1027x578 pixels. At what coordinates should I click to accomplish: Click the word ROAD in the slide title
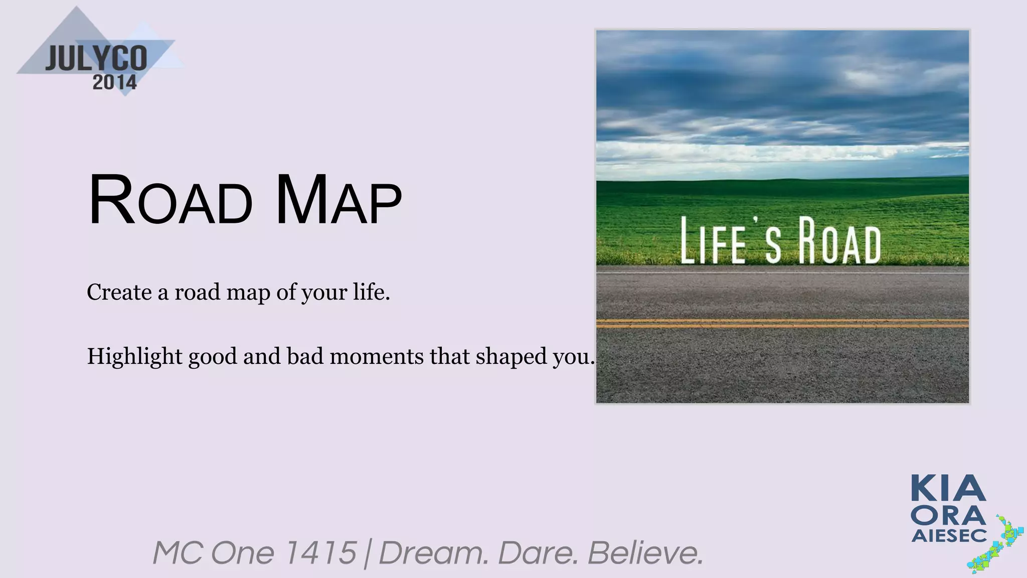tap(169, 200)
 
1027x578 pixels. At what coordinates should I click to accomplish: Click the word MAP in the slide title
tap(338, 200)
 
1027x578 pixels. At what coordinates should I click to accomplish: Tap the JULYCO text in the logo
tap(96, 59)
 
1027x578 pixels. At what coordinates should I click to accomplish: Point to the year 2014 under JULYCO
tap(114, 82)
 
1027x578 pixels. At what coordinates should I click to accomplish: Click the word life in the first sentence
tap(371, 292)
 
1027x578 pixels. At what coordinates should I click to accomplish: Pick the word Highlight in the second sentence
tap(134, 357)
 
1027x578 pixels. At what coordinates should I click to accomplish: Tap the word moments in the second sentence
tap(376, 357)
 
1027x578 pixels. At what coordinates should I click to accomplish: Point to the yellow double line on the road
tap(782, 323)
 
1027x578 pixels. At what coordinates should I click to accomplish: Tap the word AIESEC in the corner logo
tap(949, 536)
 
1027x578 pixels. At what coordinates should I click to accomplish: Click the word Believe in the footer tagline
tap(645, 553)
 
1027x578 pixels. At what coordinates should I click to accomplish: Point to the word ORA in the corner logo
tap(948, 515)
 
